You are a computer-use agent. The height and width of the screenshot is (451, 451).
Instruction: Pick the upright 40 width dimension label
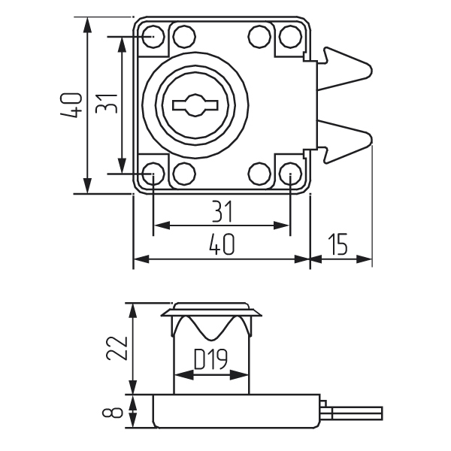coord(221,245)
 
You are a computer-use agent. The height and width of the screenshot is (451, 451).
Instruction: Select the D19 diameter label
coord(211,361)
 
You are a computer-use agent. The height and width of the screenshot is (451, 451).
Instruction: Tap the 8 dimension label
coord(115,411)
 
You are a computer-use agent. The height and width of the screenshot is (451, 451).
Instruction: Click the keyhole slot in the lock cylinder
coord(192,104)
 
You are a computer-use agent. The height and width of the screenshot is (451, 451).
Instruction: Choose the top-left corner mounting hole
coord(153,35)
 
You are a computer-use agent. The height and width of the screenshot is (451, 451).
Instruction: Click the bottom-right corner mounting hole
coord(290,174)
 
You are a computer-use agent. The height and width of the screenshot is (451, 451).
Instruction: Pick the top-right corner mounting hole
coord(290,35)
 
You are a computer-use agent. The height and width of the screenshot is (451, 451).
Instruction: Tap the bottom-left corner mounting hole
coord(153,174)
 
